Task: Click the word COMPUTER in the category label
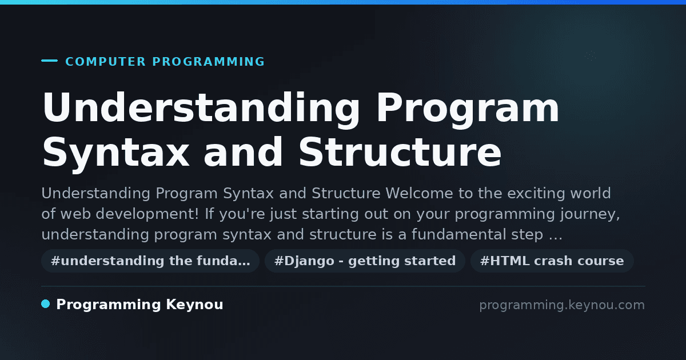point(105,62)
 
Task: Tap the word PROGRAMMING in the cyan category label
point(209,62)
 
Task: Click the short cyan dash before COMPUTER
point(49,61)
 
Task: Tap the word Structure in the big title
point(400,152)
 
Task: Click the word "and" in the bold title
point(243,152)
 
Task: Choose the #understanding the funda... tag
point(150,261)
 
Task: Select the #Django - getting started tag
point(365,261)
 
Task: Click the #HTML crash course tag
point(552,261)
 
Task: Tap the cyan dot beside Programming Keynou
point(45,304)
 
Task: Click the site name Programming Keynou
point(139,305)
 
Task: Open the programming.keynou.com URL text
point(562,305)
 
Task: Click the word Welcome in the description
point(419,194)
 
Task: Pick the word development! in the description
point(147,214)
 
